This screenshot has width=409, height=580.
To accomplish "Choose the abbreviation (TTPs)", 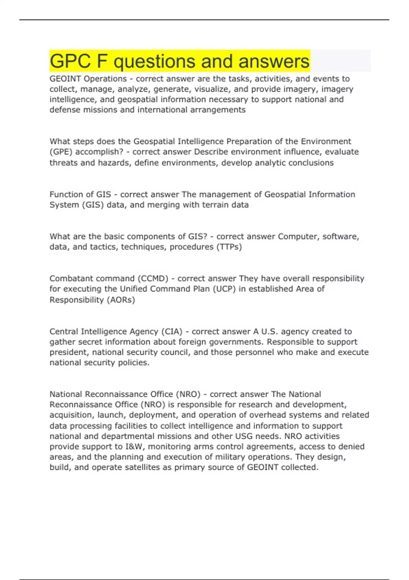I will click(x=229, y=247).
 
